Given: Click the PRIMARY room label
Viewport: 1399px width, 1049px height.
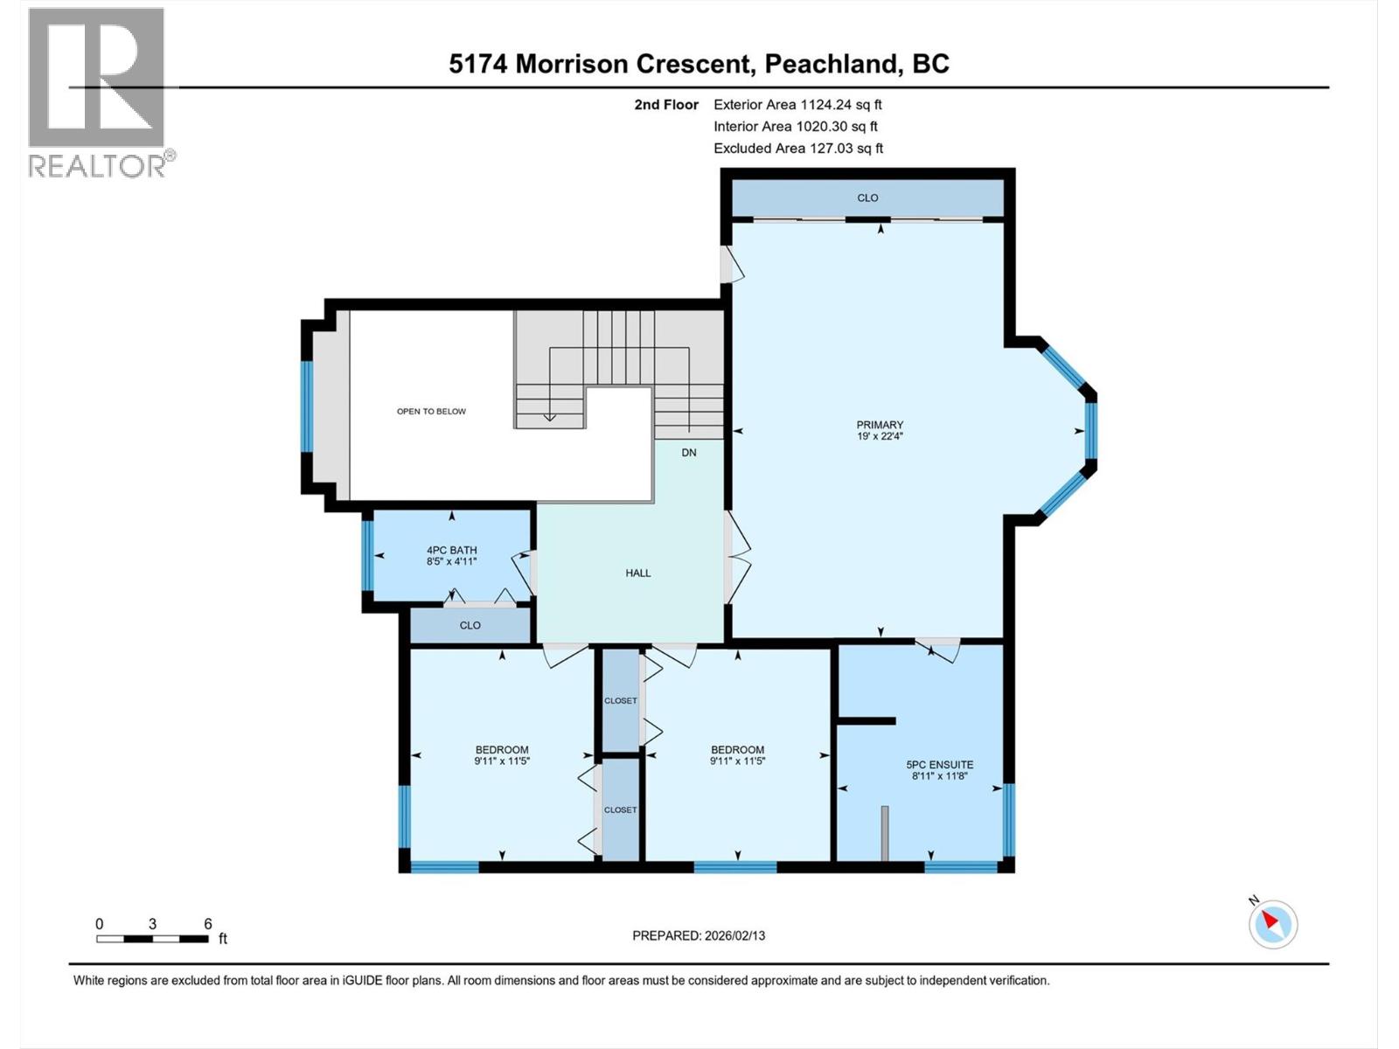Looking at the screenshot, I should click(x=880, y=425).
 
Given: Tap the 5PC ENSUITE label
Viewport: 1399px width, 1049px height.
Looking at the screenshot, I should click(x=940, y=764).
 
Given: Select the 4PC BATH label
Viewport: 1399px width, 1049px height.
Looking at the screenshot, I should click(x=451, y=550).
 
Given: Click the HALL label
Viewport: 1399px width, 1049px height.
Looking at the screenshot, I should click(x=638, y=573).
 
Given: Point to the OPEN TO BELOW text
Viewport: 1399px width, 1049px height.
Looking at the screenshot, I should click(x=431, y=411).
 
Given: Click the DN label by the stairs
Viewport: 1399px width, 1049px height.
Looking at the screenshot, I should click(x=689, y=452).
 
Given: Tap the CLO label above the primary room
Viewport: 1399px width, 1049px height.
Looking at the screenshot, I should click(x=867, y=198).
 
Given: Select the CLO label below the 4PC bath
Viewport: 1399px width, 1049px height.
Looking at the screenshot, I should click(x=470, y=625).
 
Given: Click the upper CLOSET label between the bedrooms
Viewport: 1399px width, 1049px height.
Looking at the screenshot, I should click(x=621, y=700).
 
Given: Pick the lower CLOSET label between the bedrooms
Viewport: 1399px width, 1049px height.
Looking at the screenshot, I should click(x=621, y=809).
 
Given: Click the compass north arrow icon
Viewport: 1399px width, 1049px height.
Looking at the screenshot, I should click(x=1272, y=923).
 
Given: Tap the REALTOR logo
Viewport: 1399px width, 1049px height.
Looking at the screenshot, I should click(x=98, y=92).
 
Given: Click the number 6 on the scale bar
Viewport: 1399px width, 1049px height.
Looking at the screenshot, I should click(x=208, y=923).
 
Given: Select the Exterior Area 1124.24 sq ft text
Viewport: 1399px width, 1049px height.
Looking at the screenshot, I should click(x=797, y=104).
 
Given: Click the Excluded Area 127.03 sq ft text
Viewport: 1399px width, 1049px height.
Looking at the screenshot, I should click(x=797, y=148).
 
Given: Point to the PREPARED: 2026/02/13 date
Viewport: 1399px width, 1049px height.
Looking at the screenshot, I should click(x=699, y=935).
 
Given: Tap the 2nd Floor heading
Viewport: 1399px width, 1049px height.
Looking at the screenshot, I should click(x=666, y=104).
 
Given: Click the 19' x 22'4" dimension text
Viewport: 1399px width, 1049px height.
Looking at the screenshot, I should click(x=880, y=435).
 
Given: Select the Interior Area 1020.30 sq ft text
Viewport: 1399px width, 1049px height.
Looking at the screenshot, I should click(x=796, y=126).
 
